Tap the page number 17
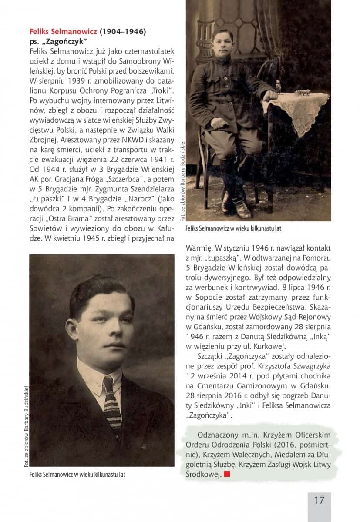pos(319,500)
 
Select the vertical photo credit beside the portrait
pos(26,426)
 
